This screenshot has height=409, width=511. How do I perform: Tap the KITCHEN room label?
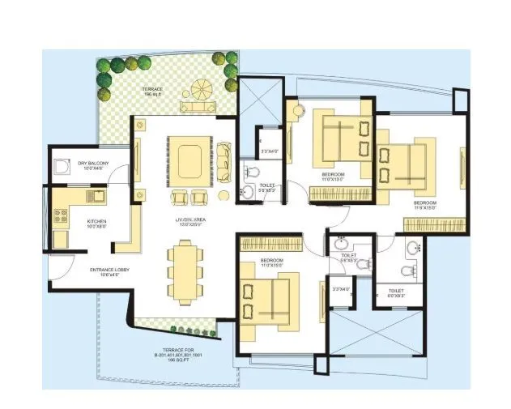pos(98,223)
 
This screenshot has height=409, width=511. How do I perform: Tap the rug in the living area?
pos(190,156)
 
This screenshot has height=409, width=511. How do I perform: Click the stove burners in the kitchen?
pos(60,215)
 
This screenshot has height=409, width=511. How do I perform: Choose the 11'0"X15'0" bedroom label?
pos(270,263)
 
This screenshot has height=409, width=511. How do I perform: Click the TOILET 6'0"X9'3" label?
pos(396,292)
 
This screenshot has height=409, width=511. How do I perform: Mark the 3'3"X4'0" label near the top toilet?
pos(269,151)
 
